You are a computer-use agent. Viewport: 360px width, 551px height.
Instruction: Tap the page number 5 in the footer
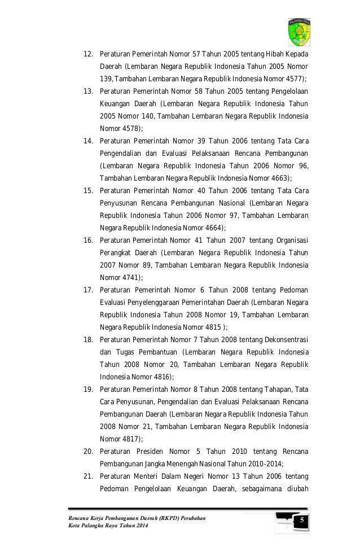click(x=301, y=519)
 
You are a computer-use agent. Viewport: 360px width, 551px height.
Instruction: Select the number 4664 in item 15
click(x=212, y=228)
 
